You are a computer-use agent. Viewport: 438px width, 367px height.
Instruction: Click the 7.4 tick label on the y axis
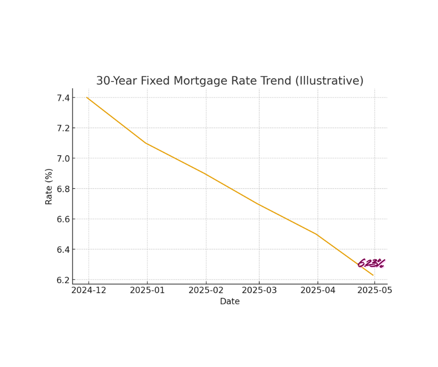point(63,98)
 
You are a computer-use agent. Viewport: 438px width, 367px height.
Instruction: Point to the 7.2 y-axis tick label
point(63,128)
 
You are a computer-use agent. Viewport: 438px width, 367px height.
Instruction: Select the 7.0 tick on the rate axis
point(63,158)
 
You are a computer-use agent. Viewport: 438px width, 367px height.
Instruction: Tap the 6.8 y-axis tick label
point(63,189)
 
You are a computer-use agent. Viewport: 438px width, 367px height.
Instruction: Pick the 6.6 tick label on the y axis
point(63,219)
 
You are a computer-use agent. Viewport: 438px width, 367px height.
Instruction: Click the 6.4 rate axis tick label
point(63,250)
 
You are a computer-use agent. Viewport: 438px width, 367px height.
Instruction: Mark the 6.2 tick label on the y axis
point(63,280)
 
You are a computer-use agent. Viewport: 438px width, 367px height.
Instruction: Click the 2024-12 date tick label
point(89,290)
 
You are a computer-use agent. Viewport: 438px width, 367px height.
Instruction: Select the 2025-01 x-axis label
point(147,290)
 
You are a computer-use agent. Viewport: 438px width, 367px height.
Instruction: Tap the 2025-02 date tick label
point(205,290)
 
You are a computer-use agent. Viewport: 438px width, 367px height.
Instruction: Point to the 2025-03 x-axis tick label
point(259,290)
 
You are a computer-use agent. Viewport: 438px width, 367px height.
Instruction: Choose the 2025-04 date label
point(318,290)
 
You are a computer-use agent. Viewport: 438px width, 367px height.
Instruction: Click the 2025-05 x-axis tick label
point(374,290)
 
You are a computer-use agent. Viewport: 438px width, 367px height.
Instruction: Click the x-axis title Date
point(230,302)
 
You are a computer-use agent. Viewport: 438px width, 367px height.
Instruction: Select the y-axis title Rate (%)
point(49,186)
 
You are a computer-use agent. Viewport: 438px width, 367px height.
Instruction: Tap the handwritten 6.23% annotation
point(371,263)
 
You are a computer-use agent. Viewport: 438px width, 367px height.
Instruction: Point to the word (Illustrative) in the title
point(329,81)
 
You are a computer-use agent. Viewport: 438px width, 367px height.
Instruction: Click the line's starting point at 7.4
point(87,98)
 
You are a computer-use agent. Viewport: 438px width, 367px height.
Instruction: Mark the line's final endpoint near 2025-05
point(373,275)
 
